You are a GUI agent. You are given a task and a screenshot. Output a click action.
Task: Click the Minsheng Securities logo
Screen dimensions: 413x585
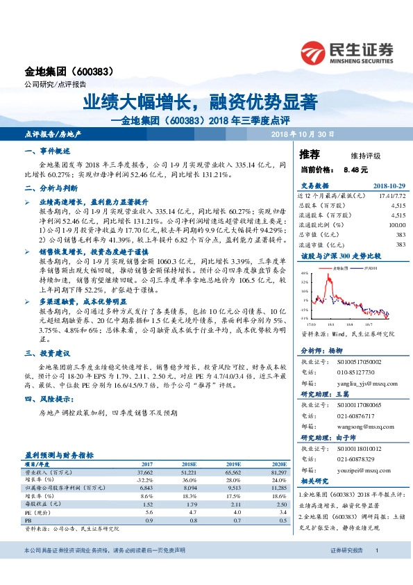coord(346,51)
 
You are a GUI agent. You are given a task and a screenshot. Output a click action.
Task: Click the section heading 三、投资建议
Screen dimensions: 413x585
coord(48,353)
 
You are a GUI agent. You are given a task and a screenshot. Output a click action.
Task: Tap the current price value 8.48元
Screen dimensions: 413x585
coord(355,169)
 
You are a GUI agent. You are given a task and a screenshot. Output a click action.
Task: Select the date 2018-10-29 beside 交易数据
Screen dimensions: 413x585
coord(389,186)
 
